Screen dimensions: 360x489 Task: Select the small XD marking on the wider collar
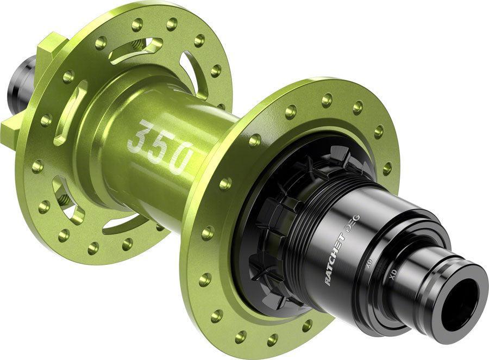(x=369, y=265)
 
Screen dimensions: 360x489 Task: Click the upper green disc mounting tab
(x=52, y=46)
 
